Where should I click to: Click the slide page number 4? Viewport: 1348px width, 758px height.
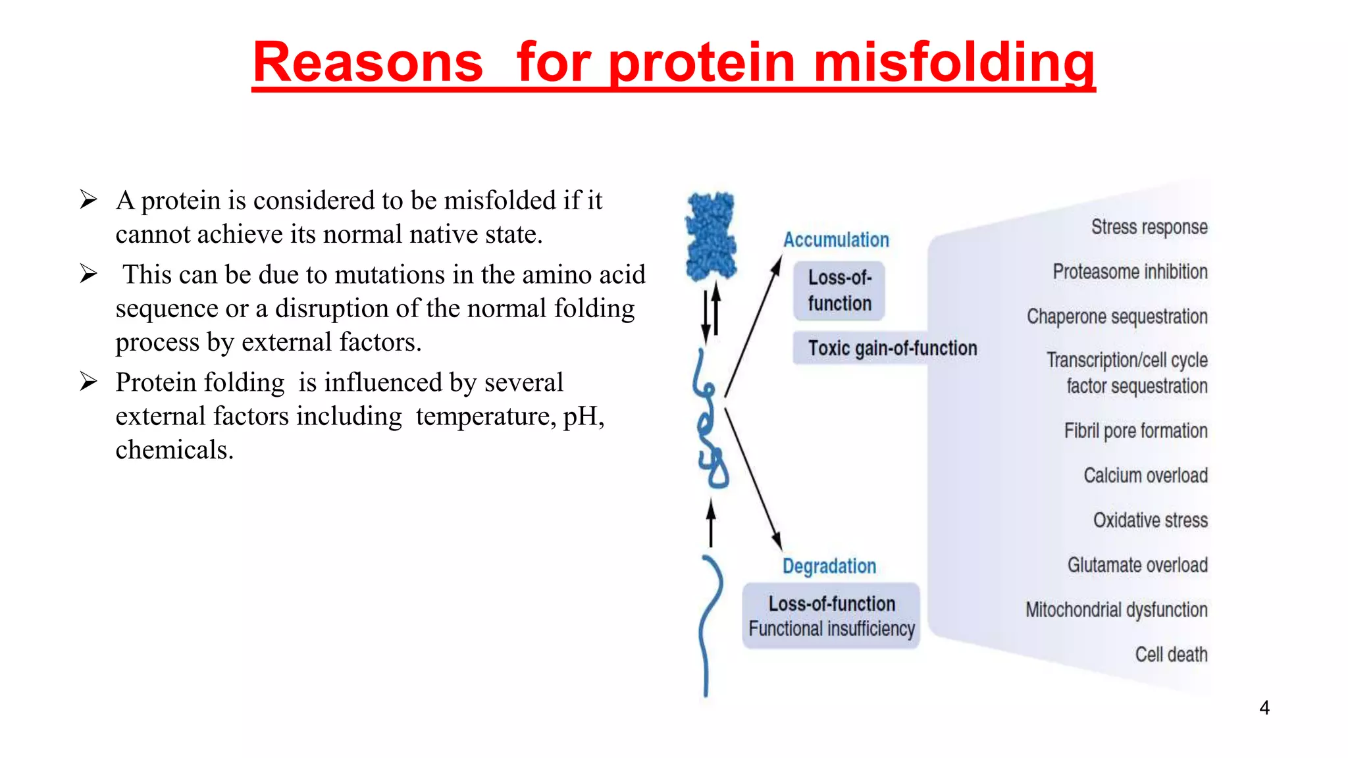1264,708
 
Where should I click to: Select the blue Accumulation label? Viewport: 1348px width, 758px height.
836,240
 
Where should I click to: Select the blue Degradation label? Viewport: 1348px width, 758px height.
829,566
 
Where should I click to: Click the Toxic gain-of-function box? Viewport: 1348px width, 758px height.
892,348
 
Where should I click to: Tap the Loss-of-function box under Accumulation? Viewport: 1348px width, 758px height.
839,291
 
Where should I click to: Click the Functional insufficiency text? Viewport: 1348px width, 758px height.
831,629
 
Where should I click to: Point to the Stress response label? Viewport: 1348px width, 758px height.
1149,227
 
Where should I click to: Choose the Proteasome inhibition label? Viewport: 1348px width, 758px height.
1130,272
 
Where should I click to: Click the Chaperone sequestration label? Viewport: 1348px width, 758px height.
1117,316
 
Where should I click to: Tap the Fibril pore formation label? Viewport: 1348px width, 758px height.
1135,431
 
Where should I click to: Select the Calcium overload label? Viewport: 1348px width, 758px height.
1145,476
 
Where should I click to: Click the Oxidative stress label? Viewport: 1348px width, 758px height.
1151,520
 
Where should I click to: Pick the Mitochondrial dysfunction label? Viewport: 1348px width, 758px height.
1116,610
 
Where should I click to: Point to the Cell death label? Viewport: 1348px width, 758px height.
1171,655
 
